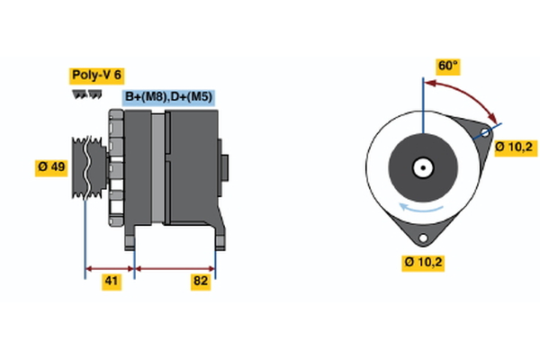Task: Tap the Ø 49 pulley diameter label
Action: coord(51,167)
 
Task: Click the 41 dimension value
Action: coord(111,282)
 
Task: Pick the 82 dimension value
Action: coord(201,282)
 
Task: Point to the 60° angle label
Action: coord(447,66)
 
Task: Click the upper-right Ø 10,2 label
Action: coord(517,147)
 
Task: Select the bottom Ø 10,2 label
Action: coord(422,263)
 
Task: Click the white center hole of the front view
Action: coord(421,167)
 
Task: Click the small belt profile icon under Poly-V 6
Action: coord(85,94)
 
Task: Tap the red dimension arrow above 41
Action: coord(109,267)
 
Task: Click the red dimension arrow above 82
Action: coord(175,267)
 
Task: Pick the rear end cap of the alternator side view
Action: coord(224,168)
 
